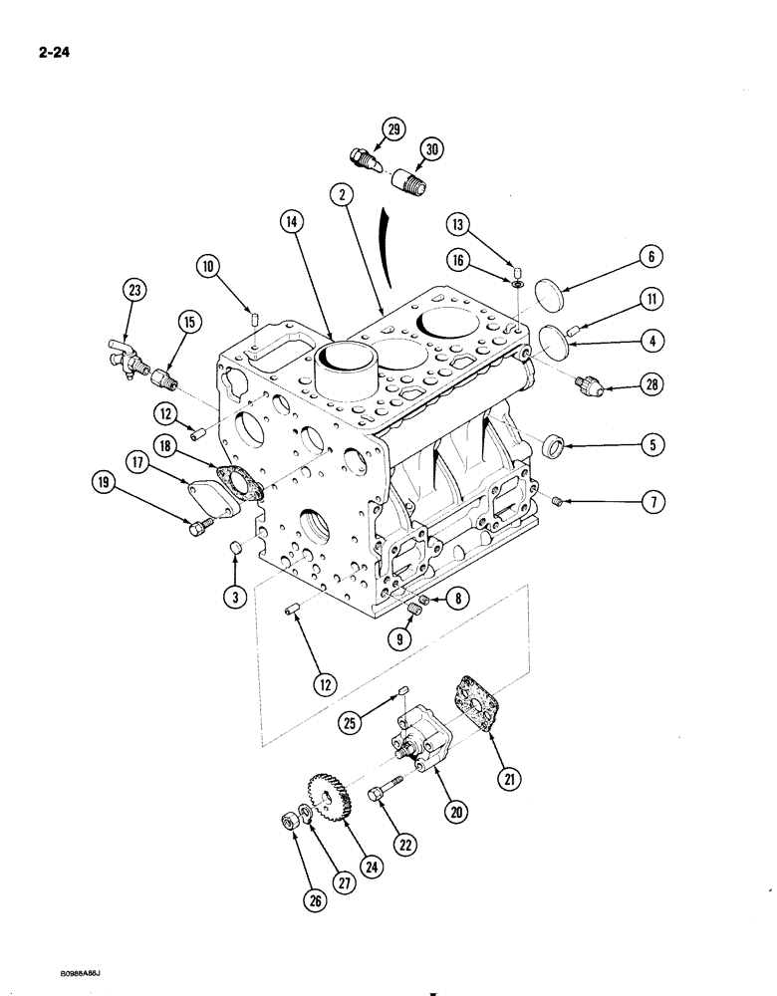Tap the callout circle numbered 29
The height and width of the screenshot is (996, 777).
point(394,128)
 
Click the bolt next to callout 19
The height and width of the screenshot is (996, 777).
point(198,527)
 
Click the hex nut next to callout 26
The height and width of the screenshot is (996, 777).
point(285,822)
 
